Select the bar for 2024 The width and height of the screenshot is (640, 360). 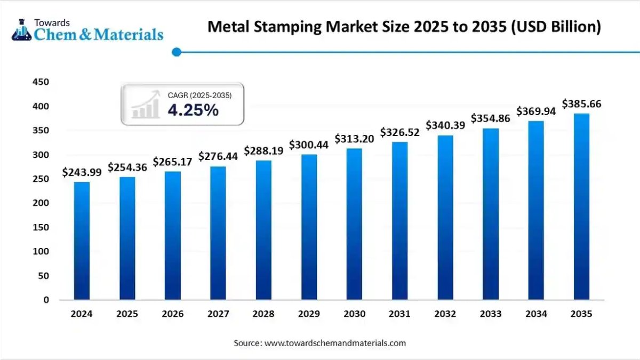click(82, 241)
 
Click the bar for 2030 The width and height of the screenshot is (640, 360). click(354, 224)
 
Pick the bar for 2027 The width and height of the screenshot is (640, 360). click(218, 233)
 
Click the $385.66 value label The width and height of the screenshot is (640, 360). click(581, 104)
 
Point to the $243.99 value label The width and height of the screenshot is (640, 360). click(82, 172)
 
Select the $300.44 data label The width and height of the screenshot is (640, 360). click(309, 145)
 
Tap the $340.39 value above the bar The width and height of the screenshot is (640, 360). click(445, 125)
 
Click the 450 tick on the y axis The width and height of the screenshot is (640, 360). click(41, 82)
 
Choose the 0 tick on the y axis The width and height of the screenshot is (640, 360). click(46, 300)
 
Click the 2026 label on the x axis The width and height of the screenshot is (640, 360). click(172, 314)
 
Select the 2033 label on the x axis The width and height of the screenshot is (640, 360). click(491, 314)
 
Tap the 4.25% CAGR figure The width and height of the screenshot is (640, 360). click(193, 110)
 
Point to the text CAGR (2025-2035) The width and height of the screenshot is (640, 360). click(199, 95)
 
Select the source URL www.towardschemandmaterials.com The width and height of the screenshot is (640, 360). click(335, 343)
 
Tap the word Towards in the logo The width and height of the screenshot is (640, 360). click(52, 22)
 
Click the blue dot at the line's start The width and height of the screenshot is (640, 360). click(177, 52)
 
